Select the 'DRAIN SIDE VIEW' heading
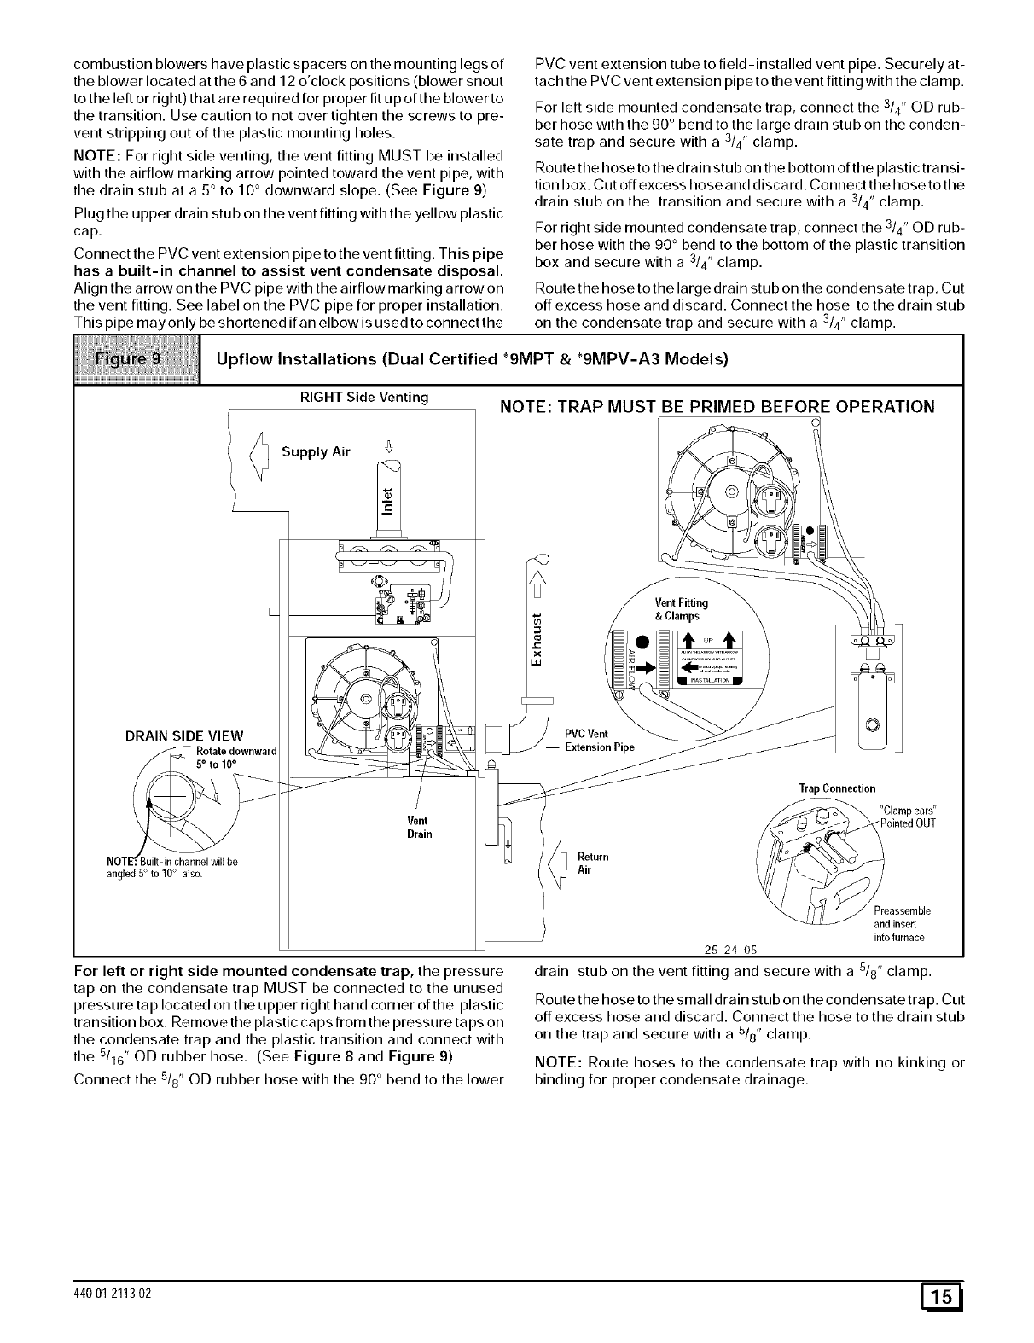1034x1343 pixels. coord(183,736)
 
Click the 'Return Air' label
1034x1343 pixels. coord(585,863)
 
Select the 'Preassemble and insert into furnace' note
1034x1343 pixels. coord(901,923)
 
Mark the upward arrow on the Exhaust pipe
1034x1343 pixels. coord(537,585)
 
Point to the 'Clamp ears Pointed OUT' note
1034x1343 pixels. coord(908,816)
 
